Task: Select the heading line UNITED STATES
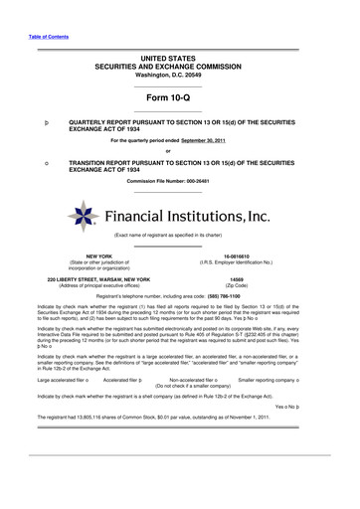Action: pyautogui.click(x=179, y=60)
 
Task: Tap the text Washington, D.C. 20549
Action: pyautogui.click(x=179, y=76)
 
